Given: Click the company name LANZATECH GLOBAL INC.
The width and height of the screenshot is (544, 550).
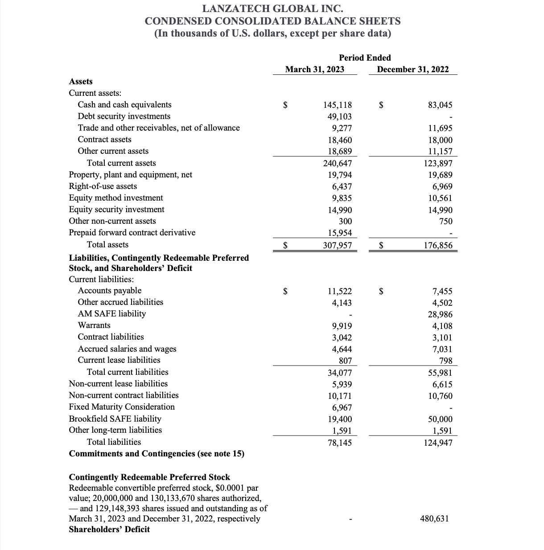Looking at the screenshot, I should coord(272,8).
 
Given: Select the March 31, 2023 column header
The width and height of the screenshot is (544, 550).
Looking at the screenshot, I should coord(314,69).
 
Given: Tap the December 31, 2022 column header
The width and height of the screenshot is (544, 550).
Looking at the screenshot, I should coord(412,69).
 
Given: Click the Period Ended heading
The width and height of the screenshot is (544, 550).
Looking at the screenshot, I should coord(365,57).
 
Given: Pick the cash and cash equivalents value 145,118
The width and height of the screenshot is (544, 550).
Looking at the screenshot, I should coord(337,105).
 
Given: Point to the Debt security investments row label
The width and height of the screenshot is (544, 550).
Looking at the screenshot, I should coord(124,116).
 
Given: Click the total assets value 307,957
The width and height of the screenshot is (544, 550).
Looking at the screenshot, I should coord(337,246).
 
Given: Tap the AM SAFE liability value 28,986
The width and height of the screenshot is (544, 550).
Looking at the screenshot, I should coord(440,314).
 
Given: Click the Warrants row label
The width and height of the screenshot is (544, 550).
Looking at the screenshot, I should coord(94,325).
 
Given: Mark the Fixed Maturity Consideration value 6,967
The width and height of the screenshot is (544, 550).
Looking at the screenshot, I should coord(342,407).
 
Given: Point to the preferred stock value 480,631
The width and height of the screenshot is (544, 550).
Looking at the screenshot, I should coord(434,518).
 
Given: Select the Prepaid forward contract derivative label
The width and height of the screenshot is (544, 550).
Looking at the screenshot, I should coord(132,233).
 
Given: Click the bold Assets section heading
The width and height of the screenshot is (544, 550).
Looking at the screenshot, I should coord(81,82).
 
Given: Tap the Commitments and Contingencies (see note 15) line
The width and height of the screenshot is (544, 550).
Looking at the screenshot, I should coord(157,454).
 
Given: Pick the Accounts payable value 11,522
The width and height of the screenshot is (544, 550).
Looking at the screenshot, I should coord(339,291).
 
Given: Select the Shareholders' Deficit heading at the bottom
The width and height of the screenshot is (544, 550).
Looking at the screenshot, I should coord(109,529).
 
